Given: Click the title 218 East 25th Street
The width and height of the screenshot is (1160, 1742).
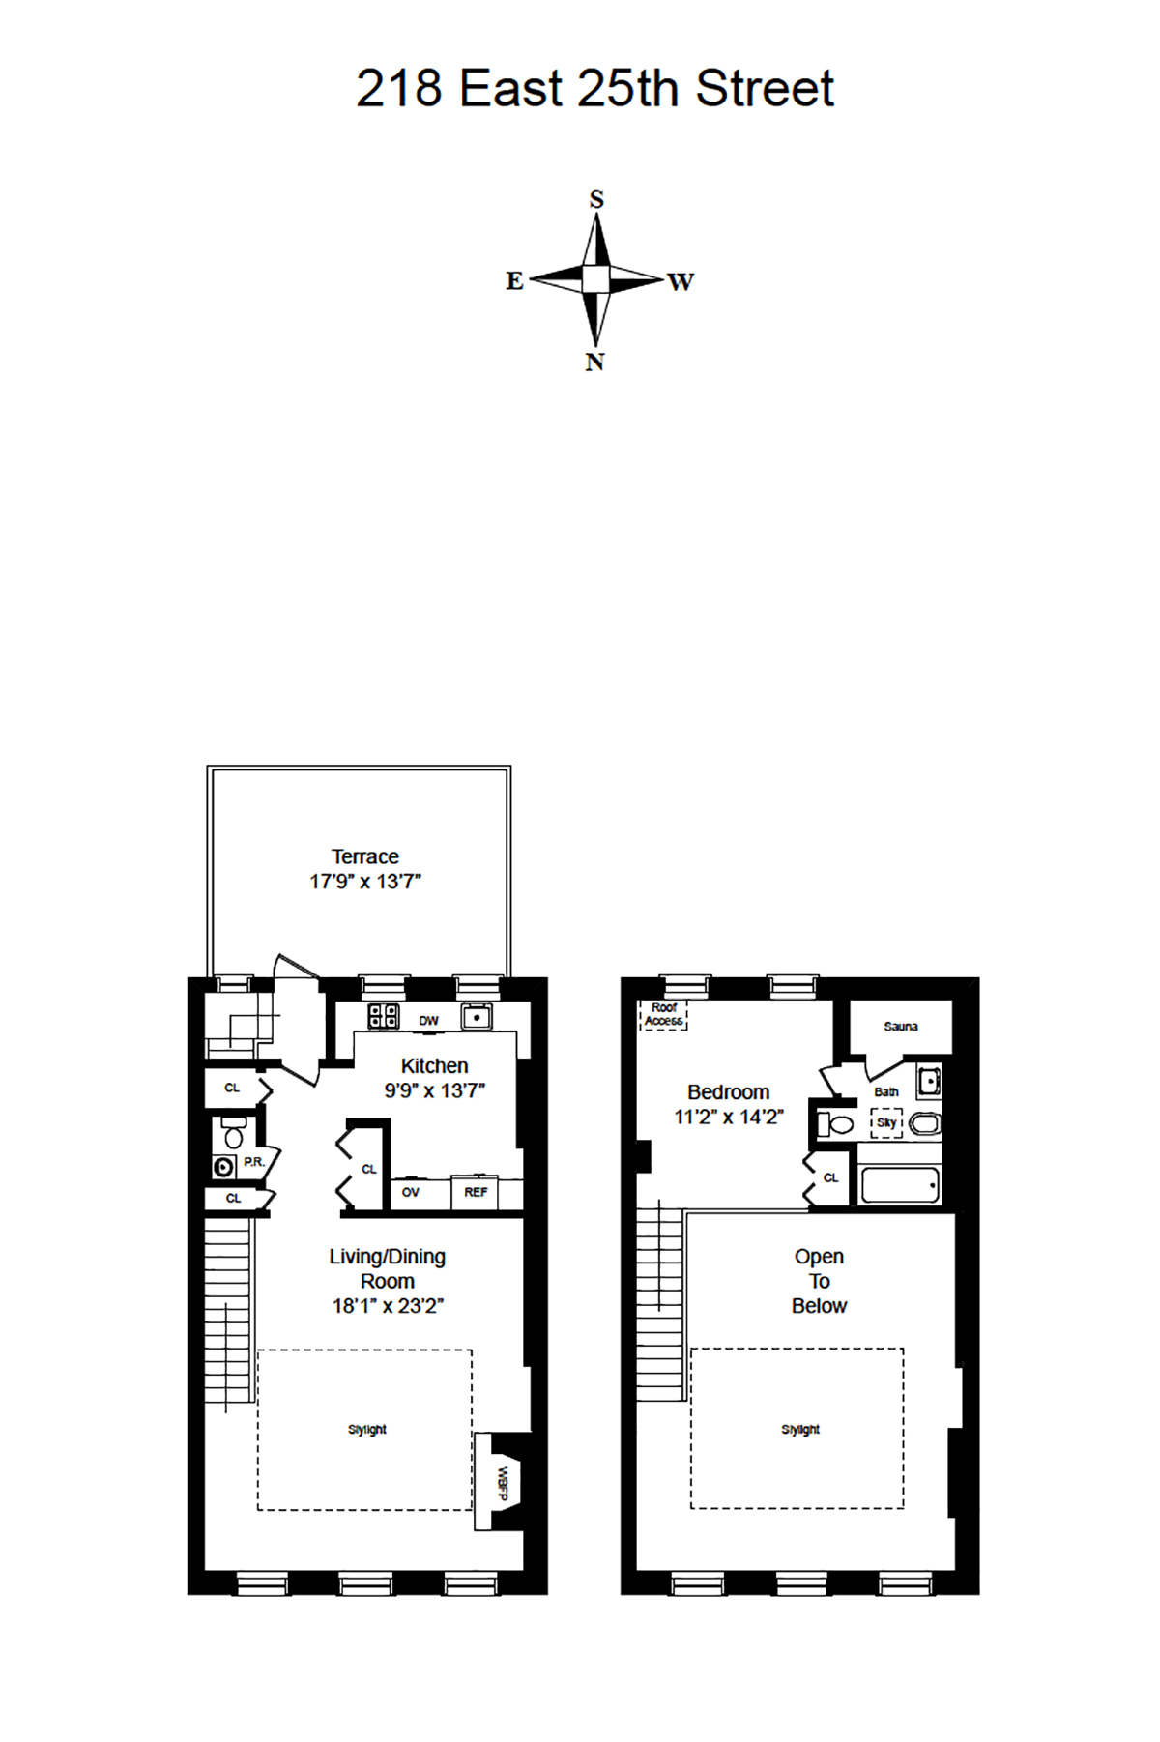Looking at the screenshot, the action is click(x=594, y=89).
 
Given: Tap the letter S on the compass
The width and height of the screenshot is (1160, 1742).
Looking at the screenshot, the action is click(x=596, y=199).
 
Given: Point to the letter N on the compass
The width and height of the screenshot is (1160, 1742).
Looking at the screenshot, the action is click(x=594, y=362).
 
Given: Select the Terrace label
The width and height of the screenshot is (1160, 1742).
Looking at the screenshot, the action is click(x=365, y=856).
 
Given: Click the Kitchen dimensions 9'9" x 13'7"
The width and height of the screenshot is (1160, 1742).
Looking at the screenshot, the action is click(x=434, y=1090).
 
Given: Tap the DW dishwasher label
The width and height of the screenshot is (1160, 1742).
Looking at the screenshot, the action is click(x=428, y=1021).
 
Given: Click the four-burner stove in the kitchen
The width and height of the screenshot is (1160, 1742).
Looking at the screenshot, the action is click(x=384, y=1016).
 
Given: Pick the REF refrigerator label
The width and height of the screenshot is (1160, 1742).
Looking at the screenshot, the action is click(x=476, y=1192).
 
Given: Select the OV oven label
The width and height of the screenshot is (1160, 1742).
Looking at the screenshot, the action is click(x=411, y=1192).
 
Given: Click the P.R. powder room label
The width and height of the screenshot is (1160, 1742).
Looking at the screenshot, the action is click(x=253, y=1161).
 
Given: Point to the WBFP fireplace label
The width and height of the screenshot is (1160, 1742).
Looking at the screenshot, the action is click(x=503, y=1483).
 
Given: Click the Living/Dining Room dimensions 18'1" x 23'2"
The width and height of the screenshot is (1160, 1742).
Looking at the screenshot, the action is click(x=388, y=1306).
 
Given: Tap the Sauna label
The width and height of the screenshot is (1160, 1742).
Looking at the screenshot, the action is click(x=901, y=1026).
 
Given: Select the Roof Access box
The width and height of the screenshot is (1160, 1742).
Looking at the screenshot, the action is click(x=664, y=1014).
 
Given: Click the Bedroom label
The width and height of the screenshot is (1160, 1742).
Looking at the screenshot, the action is click(x=729, y=1092).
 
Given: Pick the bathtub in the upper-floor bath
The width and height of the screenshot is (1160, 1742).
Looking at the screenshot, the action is click(x=900, y=1185).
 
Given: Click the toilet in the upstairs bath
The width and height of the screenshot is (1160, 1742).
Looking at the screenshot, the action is click(x=836, y=1124).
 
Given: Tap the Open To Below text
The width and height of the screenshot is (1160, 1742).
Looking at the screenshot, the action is click(x=820, y=1281).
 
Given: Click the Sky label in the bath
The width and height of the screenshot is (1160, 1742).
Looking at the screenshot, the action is click(x=885, y=1122).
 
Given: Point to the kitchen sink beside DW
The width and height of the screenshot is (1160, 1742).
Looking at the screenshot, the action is click(x=477, y=1017).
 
